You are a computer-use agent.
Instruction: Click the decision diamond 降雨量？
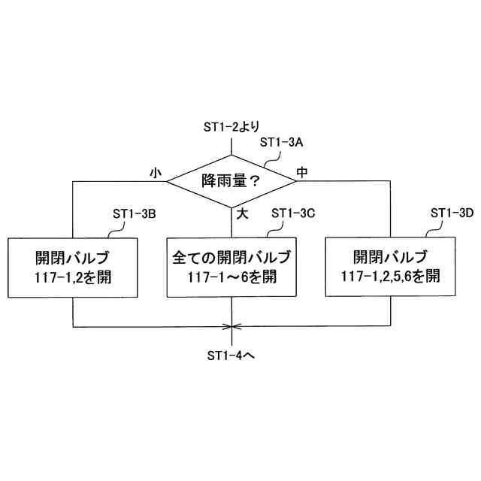(x=231, y=180)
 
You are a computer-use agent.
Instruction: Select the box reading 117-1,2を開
(x=73, y=268)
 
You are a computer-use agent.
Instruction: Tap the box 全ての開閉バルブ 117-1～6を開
(x=231, y=268)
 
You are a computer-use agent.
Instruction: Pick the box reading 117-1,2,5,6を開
(x=391, y=268)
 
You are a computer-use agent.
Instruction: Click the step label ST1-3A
(x=280, y=141)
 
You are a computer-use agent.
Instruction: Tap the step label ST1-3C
(x=292, y=213)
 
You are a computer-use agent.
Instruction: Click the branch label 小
(x=156, y=172)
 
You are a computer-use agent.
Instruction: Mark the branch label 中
(x=302, y=172)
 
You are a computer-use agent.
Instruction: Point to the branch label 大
(x=242, y=213)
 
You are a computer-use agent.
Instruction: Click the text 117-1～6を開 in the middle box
(x=231, y=277)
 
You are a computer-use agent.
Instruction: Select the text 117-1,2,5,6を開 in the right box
(x=391, y=277)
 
